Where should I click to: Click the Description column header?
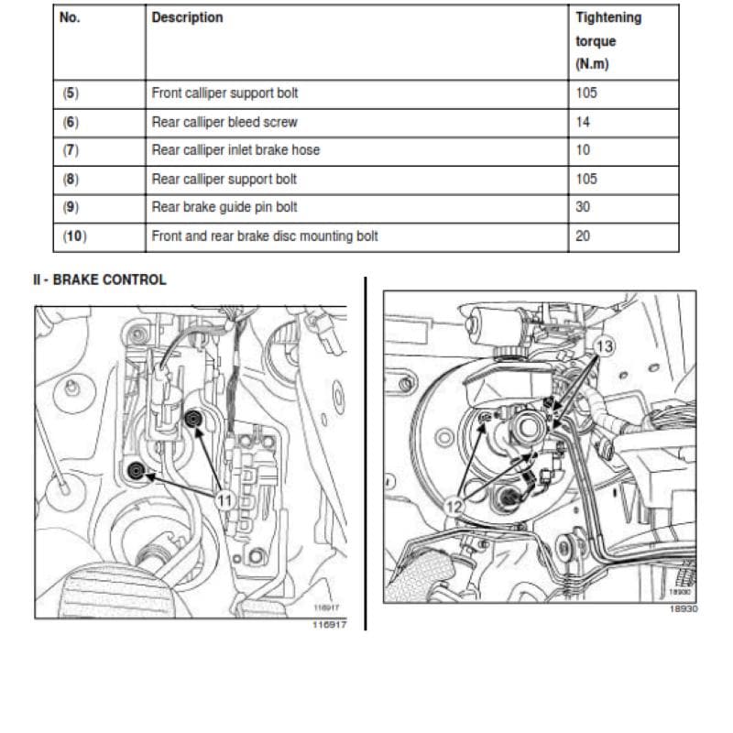pos(187,17)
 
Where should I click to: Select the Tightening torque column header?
pos(608,40)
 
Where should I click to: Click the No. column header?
pos(70,17)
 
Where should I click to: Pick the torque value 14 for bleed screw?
pos(583,122)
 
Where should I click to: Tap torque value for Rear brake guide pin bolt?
pos(583,207)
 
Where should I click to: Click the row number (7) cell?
pos(71,150)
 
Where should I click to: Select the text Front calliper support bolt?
pos(224,93)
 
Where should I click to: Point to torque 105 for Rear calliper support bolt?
pos(586,179)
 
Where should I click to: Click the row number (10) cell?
pos(75,235)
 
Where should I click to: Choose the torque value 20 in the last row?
pos(583,235)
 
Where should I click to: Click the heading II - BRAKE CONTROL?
pos(100,279)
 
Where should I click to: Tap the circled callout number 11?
pos(224,500)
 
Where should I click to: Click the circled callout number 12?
pos(454,507)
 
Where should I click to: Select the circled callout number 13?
pos(604,346)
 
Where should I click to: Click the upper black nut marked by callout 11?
pos(192,420)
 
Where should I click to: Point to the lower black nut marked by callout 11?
pos(136,471)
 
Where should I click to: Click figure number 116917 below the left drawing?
pos(330,625)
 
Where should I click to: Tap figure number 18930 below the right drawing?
pos(684,608)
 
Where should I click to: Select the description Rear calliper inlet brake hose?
pos(235,150)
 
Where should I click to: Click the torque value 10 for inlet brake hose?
pos(583,150)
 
